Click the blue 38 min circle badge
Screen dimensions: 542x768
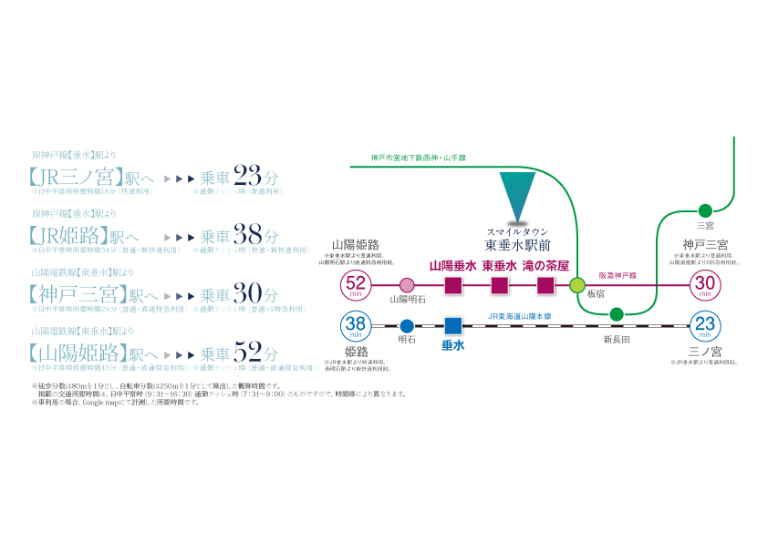[x=355, y=325]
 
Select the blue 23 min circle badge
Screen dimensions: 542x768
[x=705, y=325]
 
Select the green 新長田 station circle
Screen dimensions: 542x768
[x=617, y=315]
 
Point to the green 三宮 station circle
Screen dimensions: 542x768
[x=705, y=210]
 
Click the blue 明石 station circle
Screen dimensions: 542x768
[x=407, y=325]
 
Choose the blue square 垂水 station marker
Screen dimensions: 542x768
[x=453, y=325]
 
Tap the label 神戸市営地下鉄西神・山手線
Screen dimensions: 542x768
[x=419, y=158]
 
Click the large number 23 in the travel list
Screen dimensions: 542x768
[x=249, y=175]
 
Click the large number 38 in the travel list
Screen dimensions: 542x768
[x=249, y=234]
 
